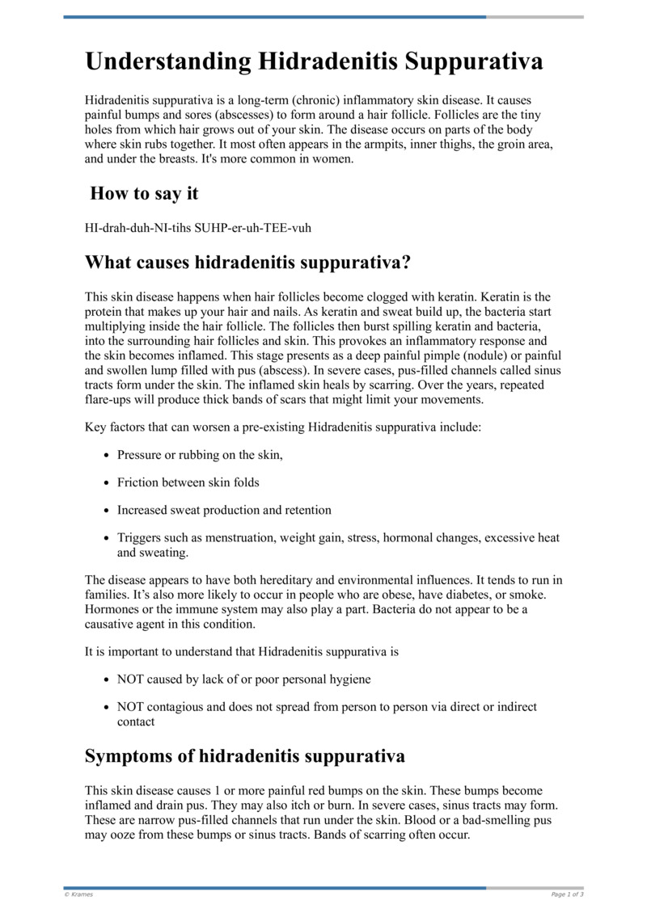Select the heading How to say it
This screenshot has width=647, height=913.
point(144,194)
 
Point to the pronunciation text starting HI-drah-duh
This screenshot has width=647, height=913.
point(198,228)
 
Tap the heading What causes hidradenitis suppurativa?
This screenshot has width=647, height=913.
point(247,263)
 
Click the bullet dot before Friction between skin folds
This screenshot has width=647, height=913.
point(107,483)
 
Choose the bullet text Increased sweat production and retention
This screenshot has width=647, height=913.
point(224,511)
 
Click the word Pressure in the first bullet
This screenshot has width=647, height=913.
point(141,455)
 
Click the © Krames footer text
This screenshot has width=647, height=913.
point(78,894)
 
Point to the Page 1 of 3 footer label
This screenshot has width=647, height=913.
point(567,894)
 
